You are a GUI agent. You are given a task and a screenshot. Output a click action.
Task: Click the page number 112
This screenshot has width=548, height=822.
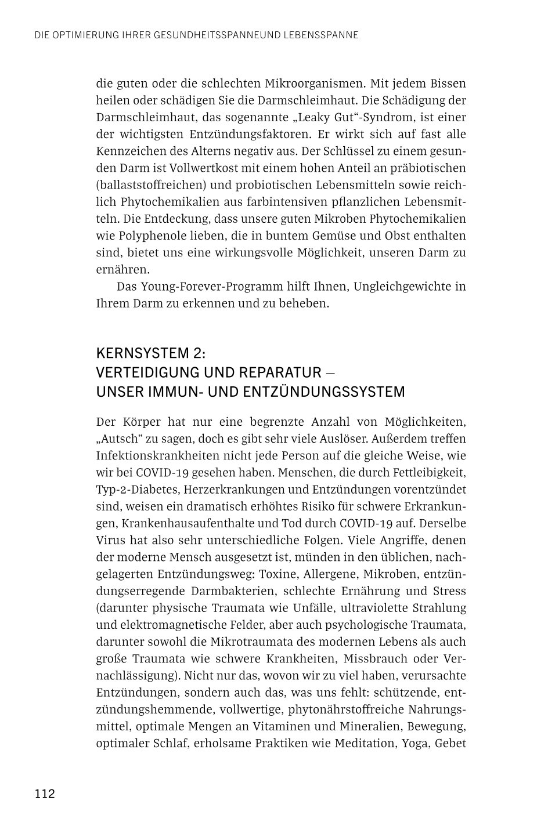pyautogui.click(x=44, y=794)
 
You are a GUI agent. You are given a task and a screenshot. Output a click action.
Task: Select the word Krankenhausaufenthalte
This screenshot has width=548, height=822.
pyautogui.click(x=187, y=523)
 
